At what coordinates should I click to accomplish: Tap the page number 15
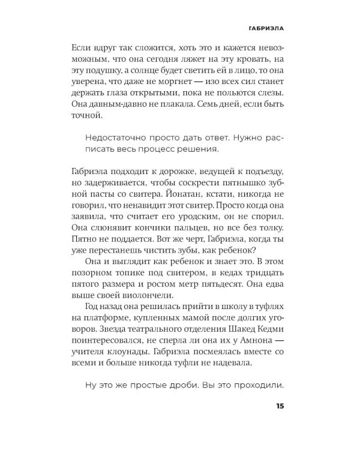click(280, 406)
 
